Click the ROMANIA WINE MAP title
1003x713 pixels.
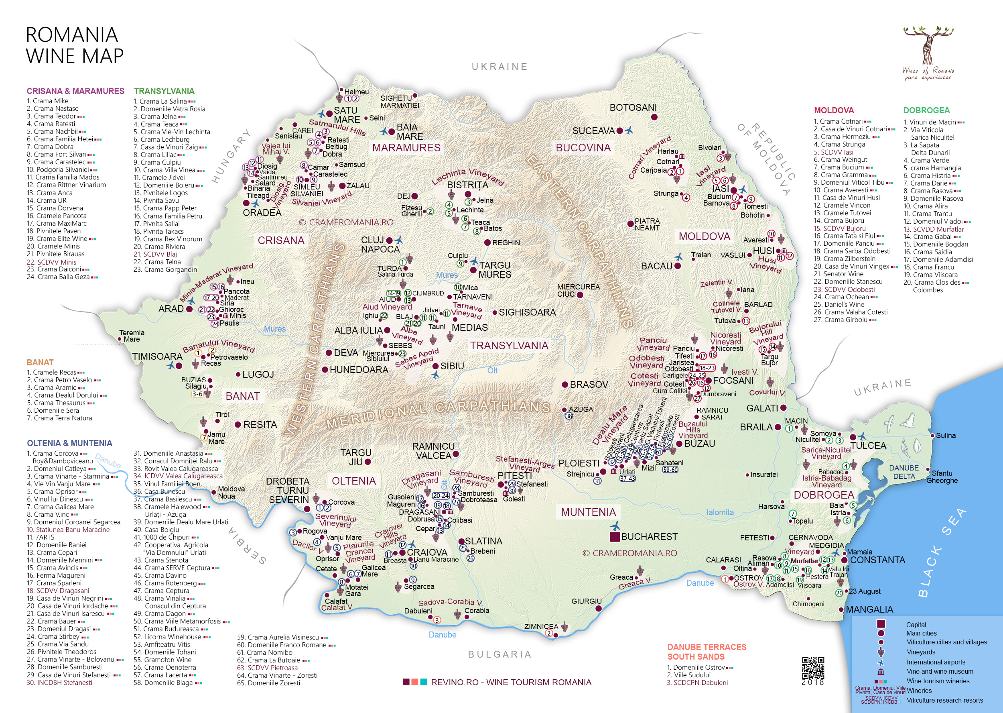pyautogui.click(x=75, y=46)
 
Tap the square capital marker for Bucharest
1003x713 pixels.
pyautogui.click(x=615, y=536)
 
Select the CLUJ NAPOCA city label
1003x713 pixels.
pyautogui.click(x=380, y=244)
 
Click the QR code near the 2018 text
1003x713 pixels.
pyautogui.click(x=813, y=668)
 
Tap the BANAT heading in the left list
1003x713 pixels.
pyautogui.click(x=40, y=362)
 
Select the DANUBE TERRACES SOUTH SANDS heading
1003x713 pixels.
pyautogui.click(x=707, y=652)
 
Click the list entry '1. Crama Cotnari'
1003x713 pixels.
pyautogui.click(x=838, y=121)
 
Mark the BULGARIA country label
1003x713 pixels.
pyautogui.click(x=499, y=654)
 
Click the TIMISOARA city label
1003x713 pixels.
pyautogui.click(x=157, y=356)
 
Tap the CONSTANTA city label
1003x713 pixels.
pyautogui.click(x=877, y=560)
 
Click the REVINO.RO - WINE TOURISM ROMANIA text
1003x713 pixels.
pyautogui.click(x=511, y=682)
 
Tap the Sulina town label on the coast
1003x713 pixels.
pyautogui.click(x=945, y=436)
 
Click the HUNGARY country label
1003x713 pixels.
pyautogui.click(x=231, y=156)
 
